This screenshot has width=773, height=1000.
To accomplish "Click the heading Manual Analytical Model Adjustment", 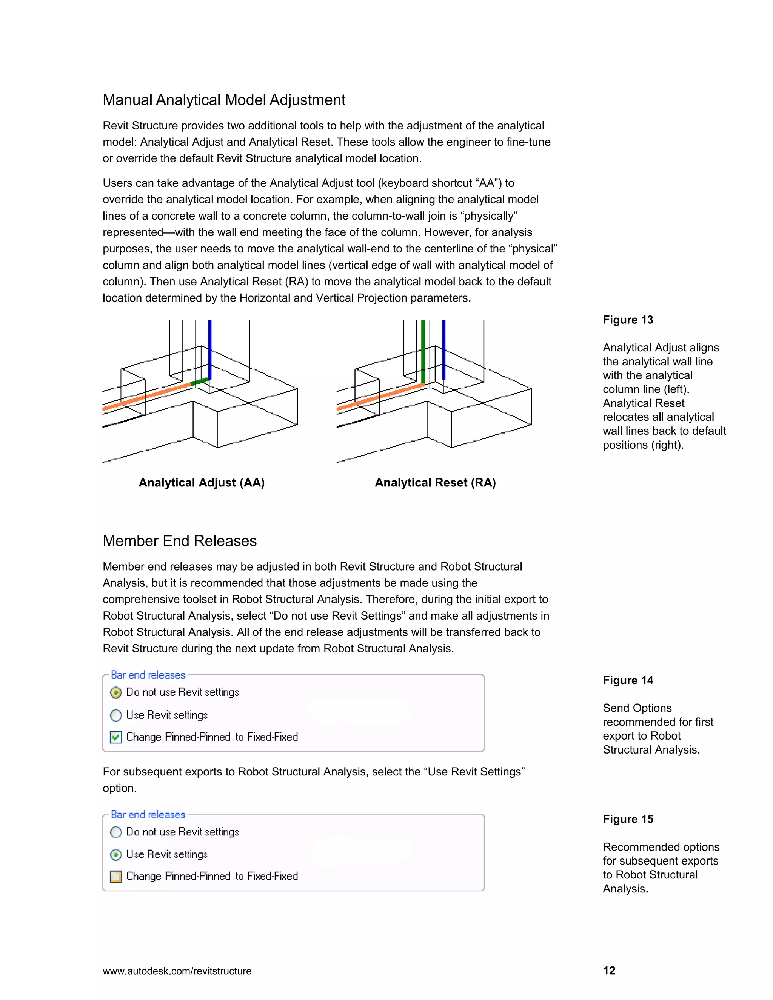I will point(223,100).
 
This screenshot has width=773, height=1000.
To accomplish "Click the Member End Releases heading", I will point(180,541).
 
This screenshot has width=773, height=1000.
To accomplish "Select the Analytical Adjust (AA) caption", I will point(202,483).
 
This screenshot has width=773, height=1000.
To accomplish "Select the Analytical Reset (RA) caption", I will point(435,483).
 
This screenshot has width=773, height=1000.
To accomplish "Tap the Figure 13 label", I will point(628,320).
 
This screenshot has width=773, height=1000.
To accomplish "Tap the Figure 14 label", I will point(628,680).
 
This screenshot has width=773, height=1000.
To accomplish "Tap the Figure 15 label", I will point(628,819).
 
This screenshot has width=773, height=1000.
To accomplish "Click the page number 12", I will point(609,971).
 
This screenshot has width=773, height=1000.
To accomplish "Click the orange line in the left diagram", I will point(146,397).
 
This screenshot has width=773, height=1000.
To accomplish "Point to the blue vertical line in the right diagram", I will point(443,348).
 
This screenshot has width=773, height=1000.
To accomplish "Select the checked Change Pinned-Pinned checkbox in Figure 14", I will point(116,737).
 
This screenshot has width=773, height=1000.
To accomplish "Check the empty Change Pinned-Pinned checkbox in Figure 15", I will point(116,876).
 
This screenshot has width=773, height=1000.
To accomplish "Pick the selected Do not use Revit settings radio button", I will point(116,693).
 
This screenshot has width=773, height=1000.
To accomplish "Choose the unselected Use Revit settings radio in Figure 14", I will point(116,715).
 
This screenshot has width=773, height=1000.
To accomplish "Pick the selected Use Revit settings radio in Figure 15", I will point(116,855).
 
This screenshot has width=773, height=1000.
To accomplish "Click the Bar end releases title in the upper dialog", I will point(148,675).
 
